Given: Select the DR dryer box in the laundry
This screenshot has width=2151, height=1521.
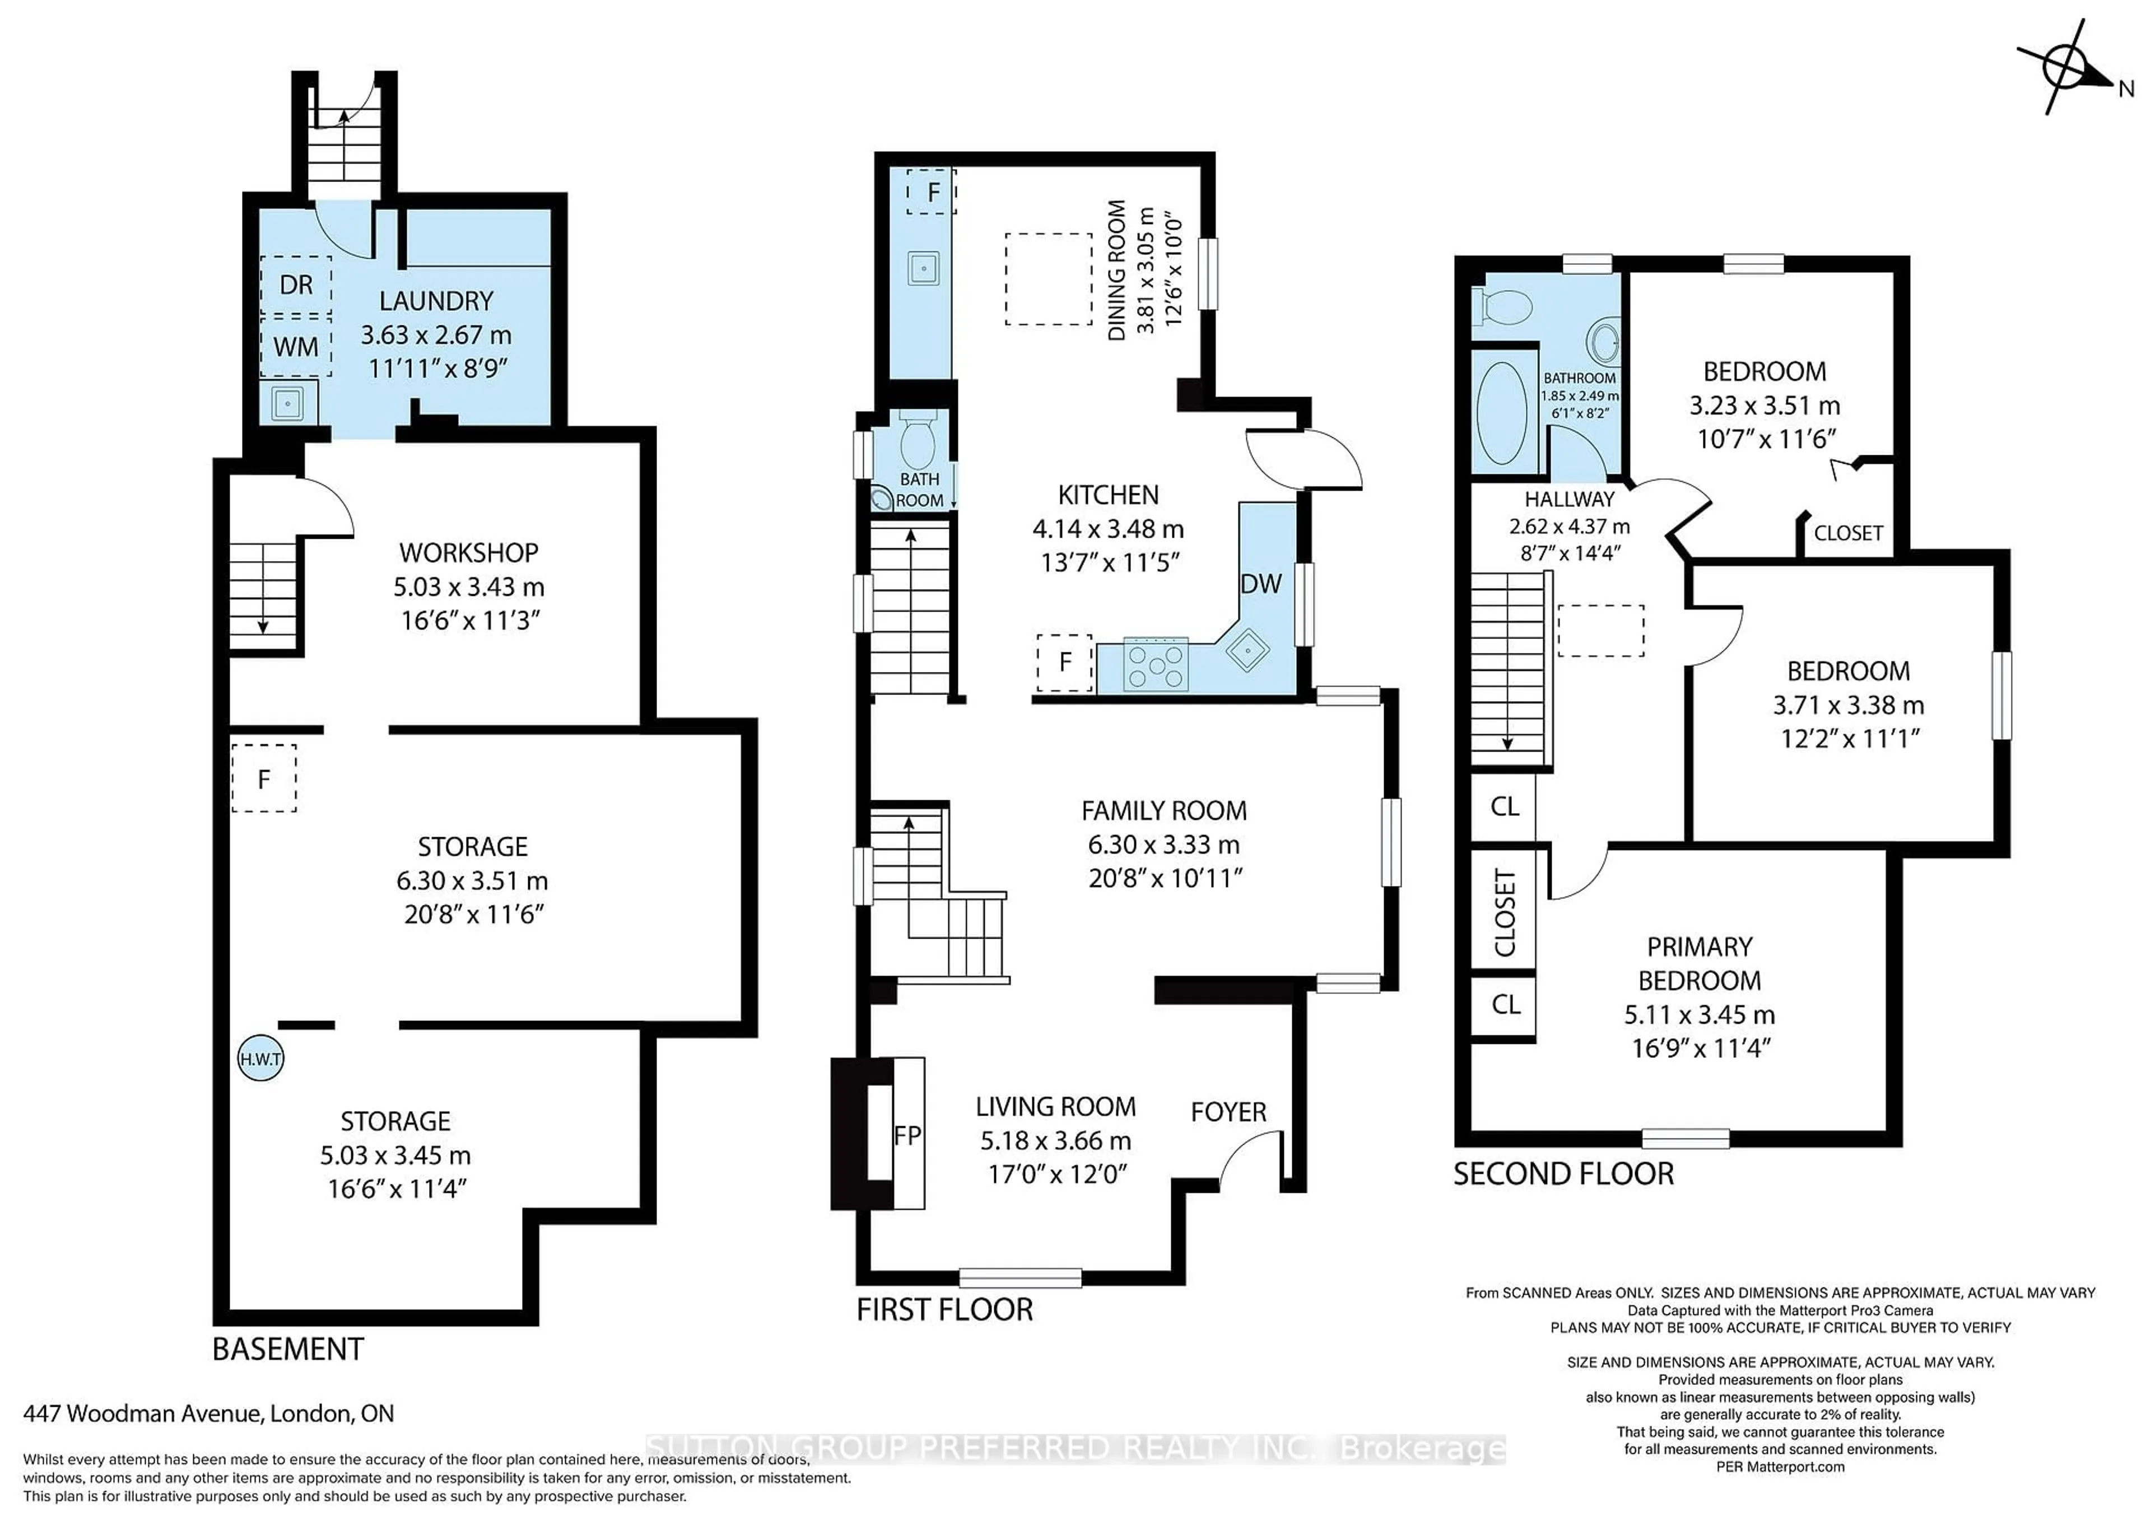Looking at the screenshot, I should [296, 284].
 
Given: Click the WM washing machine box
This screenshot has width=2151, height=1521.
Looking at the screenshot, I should [296, 347].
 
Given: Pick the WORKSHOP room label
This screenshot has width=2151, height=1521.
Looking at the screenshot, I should [468, 553].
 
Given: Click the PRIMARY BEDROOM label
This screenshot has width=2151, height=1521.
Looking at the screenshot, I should [1700, 964].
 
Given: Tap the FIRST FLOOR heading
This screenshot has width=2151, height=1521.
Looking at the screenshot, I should [944, 1309].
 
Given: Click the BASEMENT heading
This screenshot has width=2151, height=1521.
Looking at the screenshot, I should [287, 1350].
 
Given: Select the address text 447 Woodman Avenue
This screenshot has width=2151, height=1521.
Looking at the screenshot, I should [208, 1413].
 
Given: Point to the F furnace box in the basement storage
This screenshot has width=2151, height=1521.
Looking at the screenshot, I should [264, 778].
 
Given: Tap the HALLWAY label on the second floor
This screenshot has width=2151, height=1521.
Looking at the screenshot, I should [1569, 499].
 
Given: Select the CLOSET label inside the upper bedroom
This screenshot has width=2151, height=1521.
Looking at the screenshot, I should [1847, 534].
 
